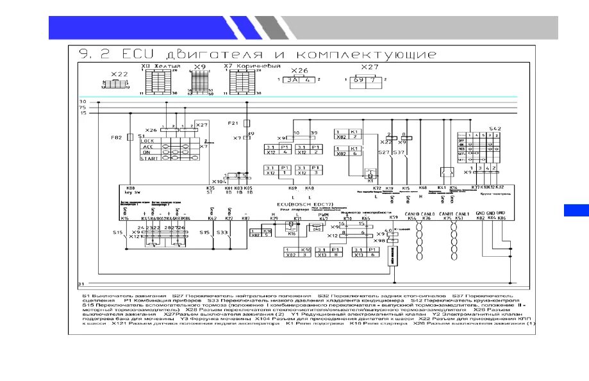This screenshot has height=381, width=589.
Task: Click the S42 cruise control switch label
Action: click(494, 129)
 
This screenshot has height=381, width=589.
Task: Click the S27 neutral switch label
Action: click(383, 152)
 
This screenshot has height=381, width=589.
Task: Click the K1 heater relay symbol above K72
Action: click(370, 175)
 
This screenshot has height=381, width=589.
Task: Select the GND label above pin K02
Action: click(480, 213)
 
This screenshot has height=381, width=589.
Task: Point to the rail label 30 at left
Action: click(82, 102)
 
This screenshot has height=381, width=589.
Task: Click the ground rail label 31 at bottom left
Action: click(81, 282)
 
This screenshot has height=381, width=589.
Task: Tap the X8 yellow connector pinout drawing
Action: click(154, 81)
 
